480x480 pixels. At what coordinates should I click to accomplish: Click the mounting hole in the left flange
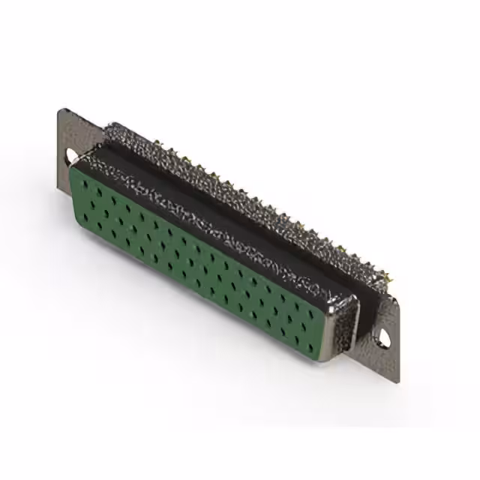click(73, 156)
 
